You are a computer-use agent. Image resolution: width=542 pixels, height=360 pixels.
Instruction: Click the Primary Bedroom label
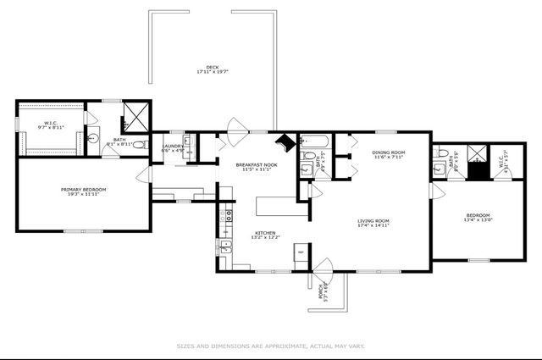pos(83,189)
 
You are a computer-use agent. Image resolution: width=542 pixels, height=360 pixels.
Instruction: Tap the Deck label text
pos(213,68)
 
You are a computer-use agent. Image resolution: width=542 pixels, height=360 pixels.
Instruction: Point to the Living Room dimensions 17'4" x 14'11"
pos(373,225)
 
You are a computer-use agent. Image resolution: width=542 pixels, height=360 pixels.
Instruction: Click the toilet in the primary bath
pos(94,140)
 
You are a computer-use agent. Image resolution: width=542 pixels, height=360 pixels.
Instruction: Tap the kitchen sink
pos(225,246)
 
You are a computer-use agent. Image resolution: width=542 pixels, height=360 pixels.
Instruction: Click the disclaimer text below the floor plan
pos(270,346)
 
